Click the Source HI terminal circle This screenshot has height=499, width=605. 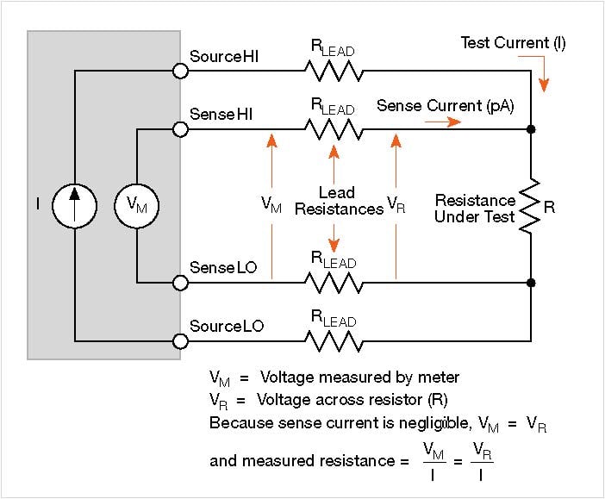180,71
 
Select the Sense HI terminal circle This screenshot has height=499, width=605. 180,129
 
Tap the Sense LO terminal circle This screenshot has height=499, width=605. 180,283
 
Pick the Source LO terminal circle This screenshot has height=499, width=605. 180,341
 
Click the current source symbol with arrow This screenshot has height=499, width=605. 74,206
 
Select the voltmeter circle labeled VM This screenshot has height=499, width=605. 136,206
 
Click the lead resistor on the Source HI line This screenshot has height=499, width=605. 334,71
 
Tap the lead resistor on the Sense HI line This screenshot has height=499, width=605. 334,129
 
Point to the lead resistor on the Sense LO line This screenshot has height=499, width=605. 334,283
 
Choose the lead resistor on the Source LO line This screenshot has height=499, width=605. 334,341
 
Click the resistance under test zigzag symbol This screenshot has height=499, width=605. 530,206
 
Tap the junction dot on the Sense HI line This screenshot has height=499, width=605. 531,129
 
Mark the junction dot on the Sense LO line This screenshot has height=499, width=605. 531,283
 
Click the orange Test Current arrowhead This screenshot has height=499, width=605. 544,85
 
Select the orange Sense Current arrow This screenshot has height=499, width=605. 443,122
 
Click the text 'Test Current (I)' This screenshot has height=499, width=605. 513,43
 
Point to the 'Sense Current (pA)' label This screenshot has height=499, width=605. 446,106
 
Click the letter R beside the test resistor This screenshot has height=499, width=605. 550,208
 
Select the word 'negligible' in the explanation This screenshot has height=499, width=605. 435,423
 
